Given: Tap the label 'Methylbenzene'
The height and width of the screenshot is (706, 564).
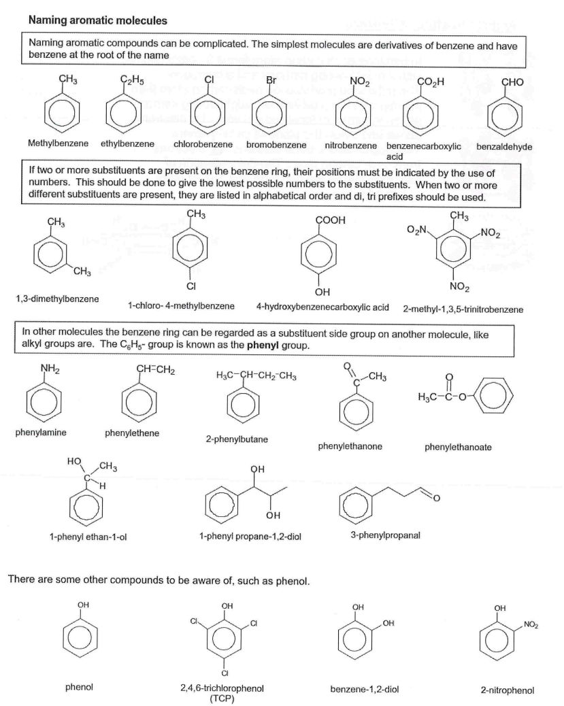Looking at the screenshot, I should tap(56, 145).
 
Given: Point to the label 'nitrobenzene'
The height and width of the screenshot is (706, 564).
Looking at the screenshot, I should tap(350, 146).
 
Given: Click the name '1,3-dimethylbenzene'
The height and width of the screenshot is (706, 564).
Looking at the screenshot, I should tap(57, 299).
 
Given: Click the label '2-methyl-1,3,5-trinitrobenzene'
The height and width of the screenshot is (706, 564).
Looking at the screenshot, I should tap(463, 309).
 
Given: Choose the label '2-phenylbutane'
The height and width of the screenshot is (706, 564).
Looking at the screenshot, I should tap(236, 439).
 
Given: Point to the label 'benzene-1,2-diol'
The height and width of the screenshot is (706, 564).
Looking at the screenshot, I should tap(364, 688).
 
